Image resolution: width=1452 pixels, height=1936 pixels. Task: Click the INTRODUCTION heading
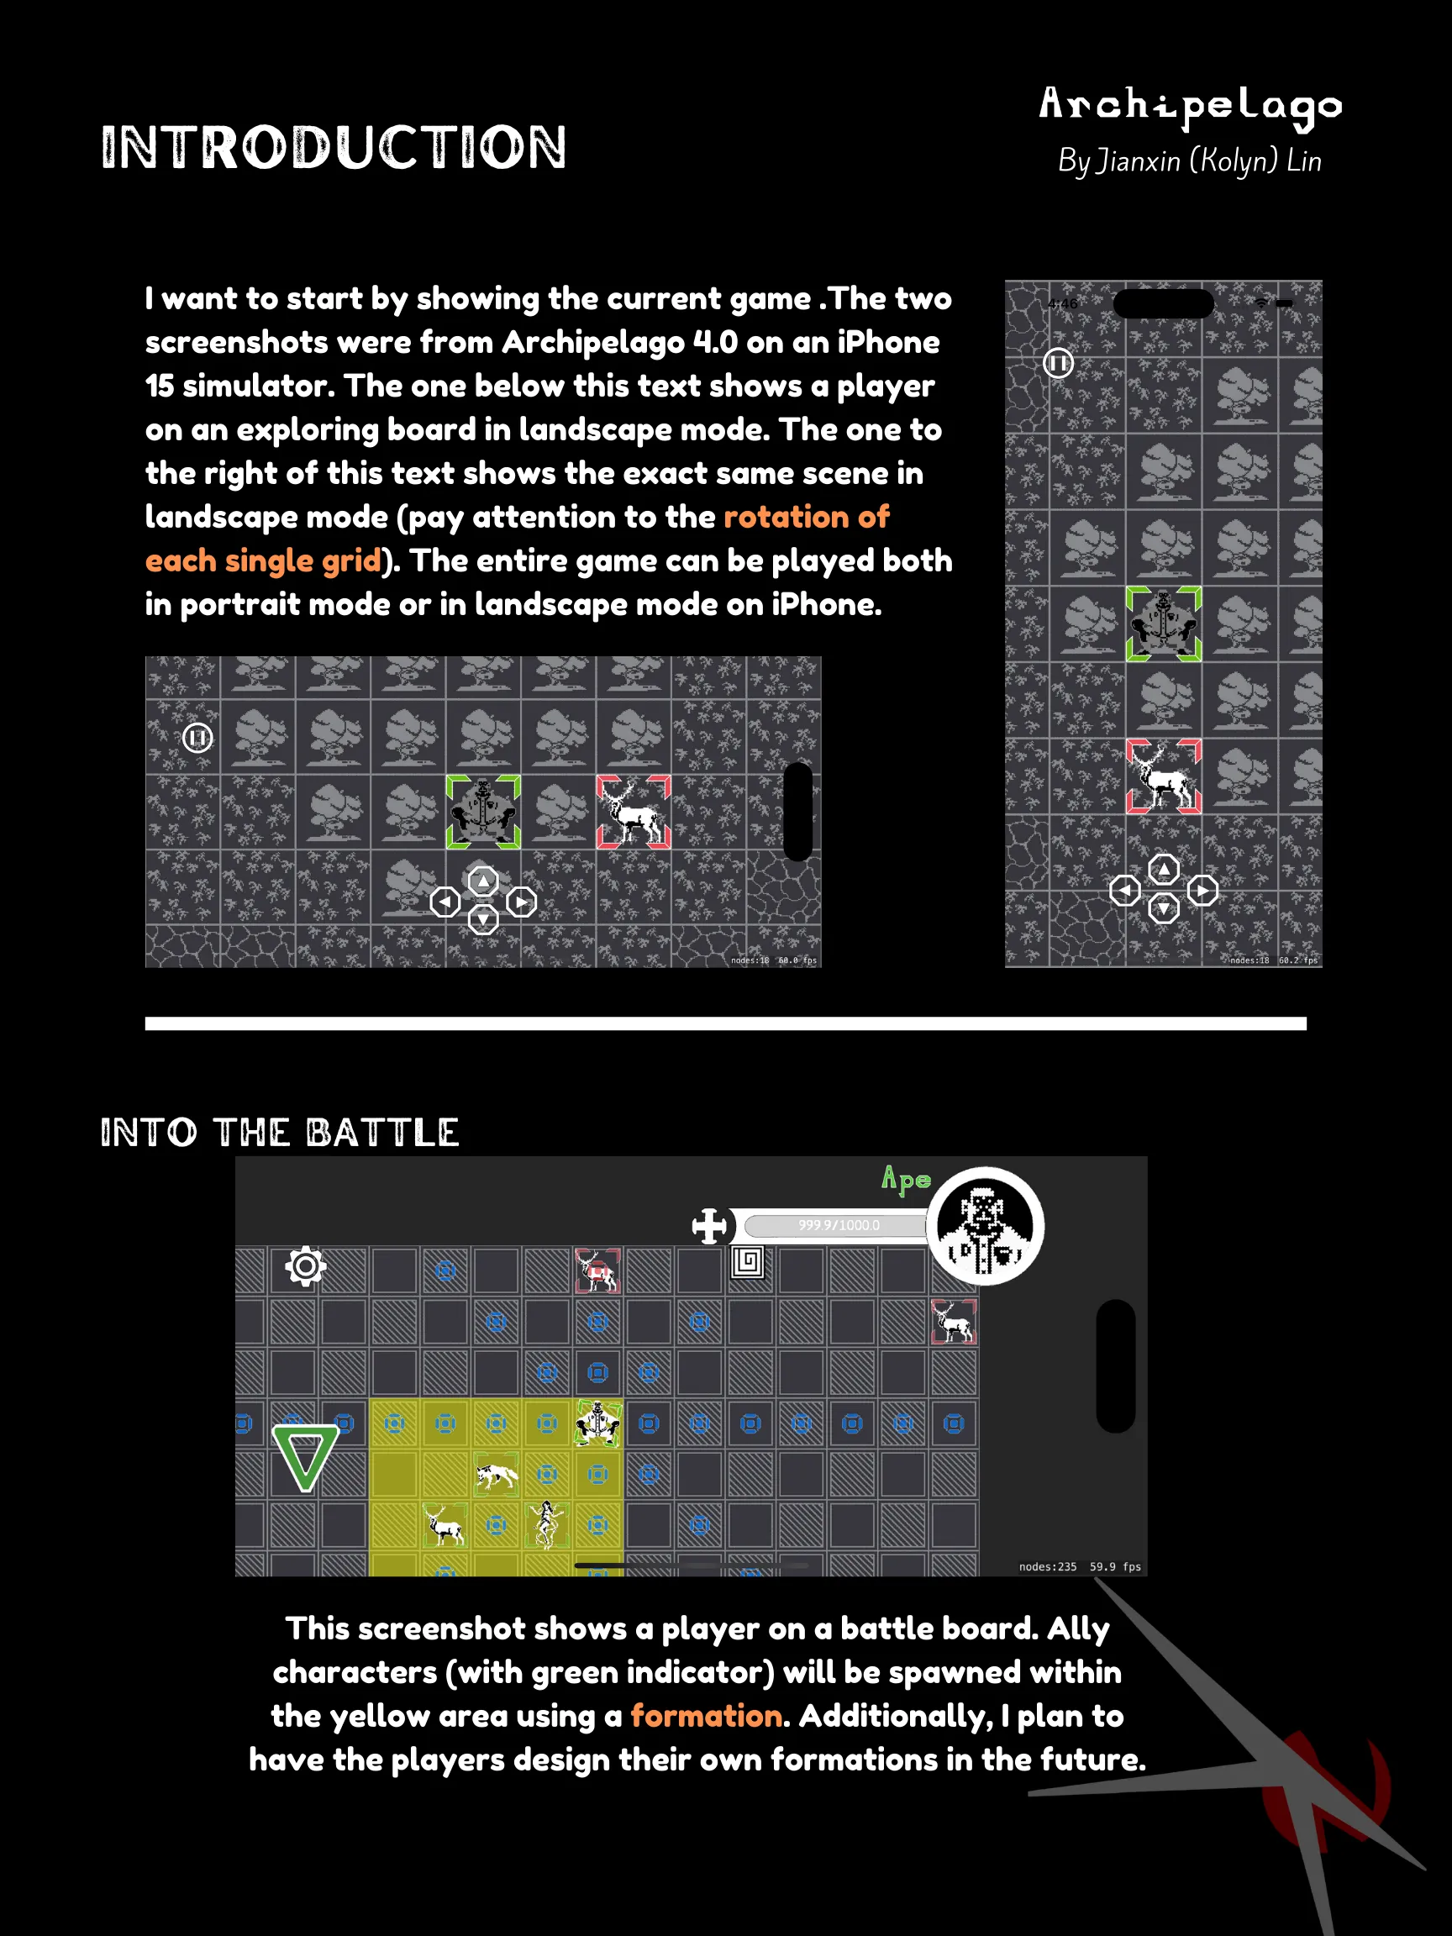(334, 147)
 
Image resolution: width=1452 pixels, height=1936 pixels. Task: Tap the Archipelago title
(1191, 107)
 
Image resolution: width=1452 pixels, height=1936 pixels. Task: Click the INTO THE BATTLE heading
(279, 1133)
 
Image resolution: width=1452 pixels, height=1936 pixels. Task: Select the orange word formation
(707, 1716)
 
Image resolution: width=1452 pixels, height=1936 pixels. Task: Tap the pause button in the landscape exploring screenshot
(197, 738)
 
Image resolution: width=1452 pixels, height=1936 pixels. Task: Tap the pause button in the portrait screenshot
(1058, 362)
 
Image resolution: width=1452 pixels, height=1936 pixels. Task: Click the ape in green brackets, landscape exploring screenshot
(483, 812)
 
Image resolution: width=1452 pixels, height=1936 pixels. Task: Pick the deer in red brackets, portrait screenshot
(1163, 776)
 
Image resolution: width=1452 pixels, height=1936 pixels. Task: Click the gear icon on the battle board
(306, 1265)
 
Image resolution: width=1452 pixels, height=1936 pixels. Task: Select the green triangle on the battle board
(304, 1458)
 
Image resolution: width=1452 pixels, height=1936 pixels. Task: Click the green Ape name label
(906, 1180)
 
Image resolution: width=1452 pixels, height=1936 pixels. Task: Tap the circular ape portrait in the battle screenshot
(986, 1225)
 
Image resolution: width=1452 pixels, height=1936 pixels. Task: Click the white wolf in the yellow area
(497, 1476)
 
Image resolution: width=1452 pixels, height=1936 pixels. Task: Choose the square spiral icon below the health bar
(748, 1262)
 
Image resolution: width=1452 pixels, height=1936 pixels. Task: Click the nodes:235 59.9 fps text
(1080, 1566)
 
